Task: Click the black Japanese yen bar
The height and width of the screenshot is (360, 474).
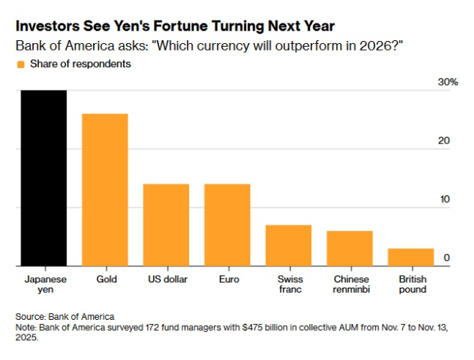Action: [43, 178]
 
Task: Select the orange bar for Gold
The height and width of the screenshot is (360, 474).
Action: [104, 190]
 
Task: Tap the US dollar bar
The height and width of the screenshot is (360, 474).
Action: [166, 225]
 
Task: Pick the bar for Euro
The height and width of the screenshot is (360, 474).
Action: [226, 225]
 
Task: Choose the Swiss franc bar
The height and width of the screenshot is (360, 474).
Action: [288, 245]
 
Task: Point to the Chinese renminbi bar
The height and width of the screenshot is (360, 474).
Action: [349, 248]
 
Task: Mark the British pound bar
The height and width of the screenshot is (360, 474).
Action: [410, 257]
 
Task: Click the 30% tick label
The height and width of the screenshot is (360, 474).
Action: [447, 83]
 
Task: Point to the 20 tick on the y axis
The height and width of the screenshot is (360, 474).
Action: [444, 141]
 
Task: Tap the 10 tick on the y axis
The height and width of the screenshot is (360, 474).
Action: [444, 200]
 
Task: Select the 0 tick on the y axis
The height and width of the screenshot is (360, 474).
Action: [446, 258]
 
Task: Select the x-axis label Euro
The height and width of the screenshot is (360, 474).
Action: [227, 280]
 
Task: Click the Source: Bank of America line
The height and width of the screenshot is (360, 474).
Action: [64, 316]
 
